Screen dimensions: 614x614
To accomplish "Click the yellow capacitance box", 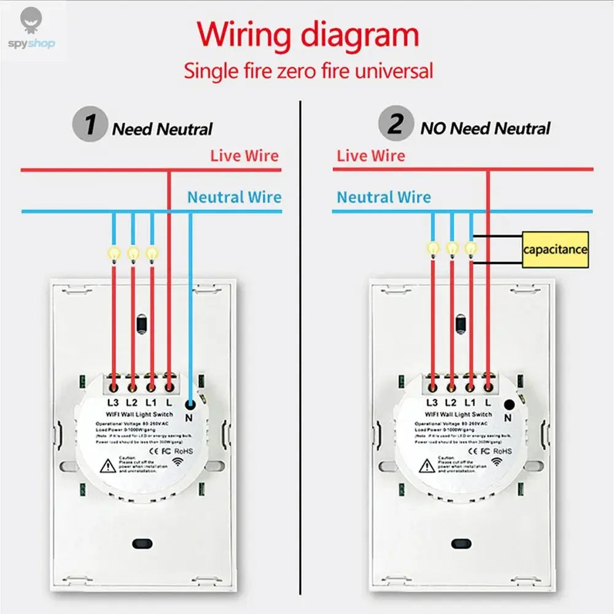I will tap(555, 249).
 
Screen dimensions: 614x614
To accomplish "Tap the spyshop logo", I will tap(32, 31).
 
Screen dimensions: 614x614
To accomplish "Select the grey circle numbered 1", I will tap(90, 125).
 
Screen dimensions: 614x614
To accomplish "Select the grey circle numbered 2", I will tap(395, 125).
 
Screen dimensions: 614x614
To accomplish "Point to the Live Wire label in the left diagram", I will tap(244, 156).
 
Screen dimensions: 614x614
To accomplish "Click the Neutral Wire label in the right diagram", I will tap(384, 197).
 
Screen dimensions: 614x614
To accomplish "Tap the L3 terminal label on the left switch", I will tap(113, 403).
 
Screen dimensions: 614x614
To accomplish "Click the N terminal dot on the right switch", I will tap(509, 404).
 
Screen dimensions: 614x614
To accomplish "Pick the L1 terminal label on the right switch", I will tap(470, 403).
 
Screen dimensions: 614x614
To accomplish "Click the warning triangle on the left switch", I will tap(108, 467).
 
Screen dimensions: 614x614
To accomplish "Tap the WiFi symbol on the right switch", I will tap(495, 461).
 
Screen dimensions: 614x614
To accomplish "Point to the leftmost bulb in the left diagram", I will tap(114, 252).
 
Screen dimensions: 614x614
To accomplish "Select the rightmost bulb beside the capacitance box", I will tap(470, 247).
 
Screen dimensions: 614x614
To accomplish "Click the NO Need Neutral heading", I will tap(485, 128).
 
